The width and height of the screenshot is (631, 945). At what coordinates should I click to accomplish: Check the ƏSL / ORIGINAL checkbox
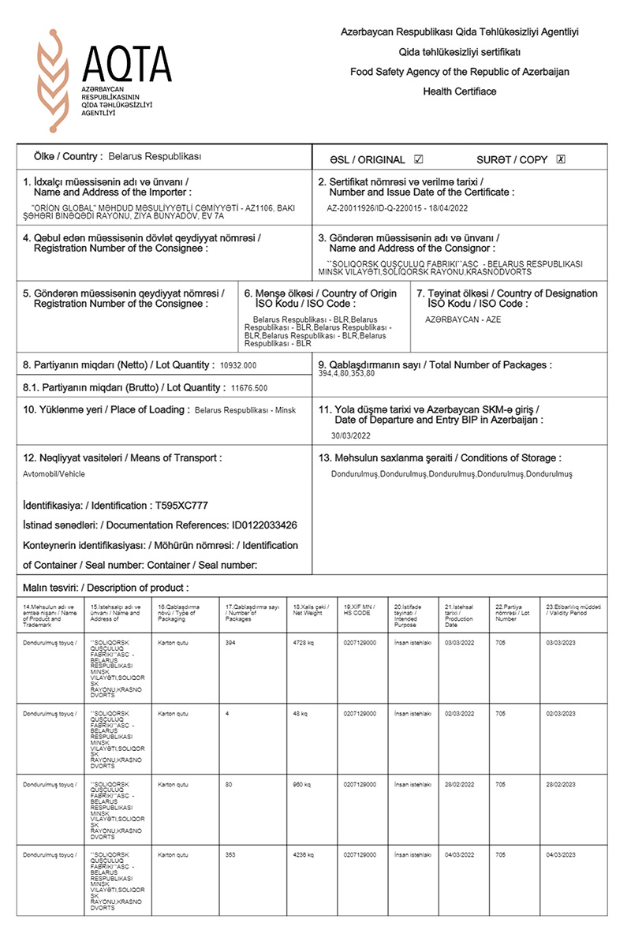click(419, 159)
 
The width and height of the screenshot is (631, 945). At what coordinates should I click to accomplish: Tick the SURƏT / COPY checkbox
click(561, 159)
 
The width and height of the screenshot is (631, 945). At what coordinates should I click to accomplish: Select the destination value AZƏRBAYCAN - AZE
click(463, 319)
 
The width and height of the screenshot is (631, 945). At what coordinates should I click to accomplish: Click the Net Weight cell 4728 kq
click(303, 644)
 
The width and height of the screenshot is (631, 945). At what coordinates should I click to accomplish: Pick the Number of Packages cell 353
click(231, 854)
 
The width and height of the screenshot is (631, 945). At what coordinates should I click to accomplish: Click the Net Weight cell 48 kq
click(301, 714)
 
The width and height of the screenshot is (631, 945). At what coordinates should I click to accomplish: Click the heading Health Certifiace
click(460, 92)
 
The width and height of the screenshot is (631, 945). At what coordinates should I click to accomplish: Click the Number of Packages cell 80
click(228, 785)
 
